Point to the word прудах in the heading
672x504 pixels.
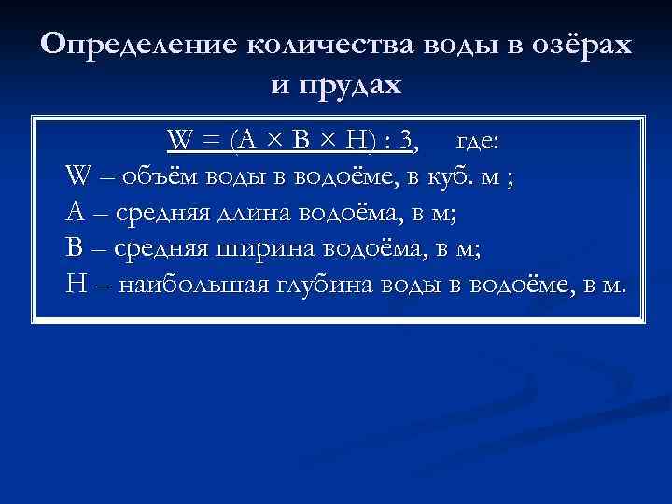point(351,85)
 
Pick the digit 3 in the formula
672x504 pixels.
point(404,141)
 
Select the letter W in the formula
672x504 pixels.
point(180,141)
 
